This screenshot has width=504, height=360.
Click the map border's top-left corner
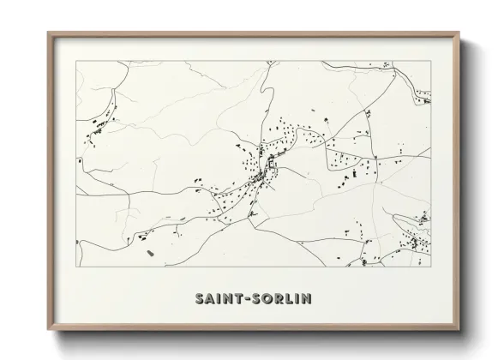76,61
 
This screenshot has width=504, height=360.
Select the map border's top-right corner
431,61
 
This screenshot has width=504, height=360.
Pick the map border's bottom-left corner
76,267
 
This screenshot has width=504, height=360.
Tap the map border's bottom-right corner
431,267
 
